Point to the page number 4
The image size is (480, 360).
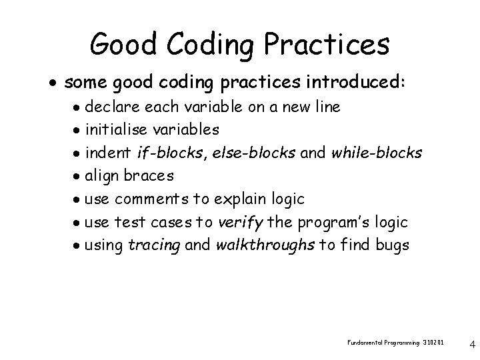pos(472,345)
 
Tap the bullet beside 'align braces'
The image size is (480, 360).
pos(78,177)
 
